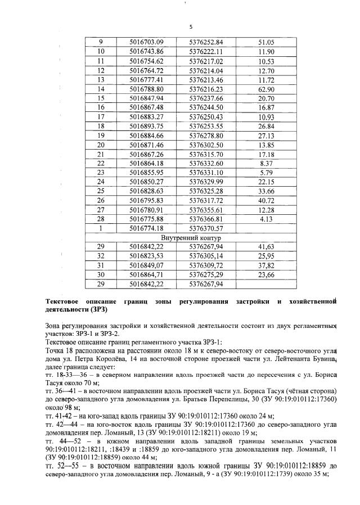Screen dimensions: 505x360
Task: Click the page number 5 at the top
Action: [x=191, y=26]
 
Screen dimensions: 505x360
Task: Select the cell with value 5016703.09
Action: [x=146, y=42]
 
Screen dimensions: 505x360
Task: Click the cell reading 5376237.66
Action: [x=206, y=98]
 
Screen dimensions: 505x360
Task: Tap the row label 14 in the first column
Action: [x=101, y=89]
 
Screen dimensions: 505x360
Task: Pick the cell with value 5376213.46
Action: [x=206, y=79]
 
